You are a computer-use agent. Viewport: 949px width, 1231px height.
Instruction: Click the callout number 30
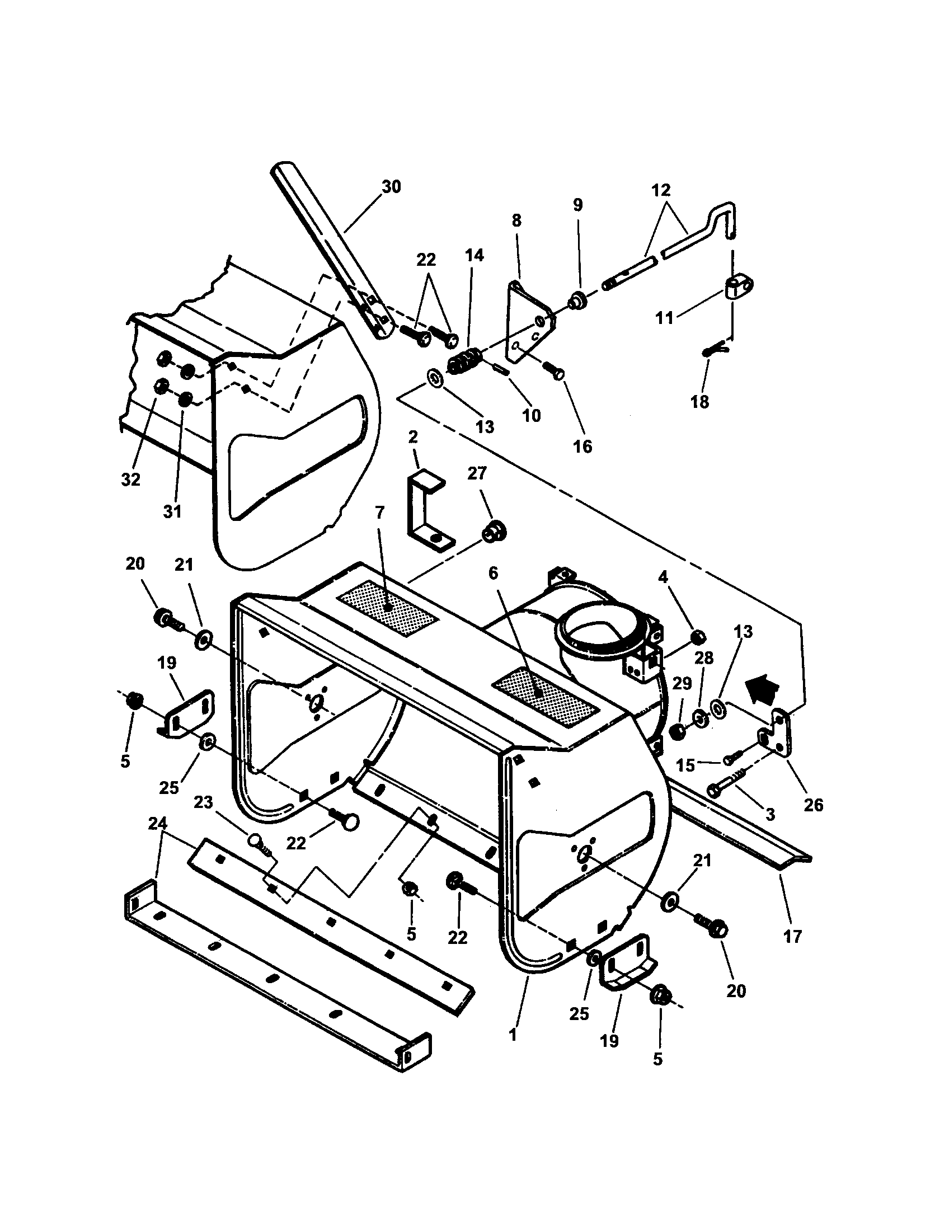[x=391, y=187]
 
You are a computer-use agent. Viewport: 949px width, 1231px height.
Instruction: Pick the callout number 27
[x=477, y=473]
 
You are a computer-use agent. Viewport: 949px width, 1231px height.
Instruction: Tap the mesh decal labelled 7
[x=387, y=608]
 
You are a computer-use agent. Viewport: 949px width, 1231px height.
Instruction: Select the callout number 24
[x=158, y=824]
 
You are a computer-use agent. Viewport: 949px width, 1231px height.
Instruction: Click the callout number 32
[x=131, y=480]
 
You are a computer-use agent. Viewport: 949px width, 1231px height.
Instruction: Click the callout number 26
[x=813, y=805]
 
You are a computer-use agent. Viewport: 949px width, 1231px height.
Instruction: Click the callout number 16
[x=582, y=446]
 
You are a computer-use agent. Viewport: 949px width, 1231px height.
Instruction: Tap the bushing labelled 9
[x=579, y=302]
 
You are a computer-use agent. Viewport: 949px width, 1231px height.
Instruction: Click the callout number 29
[x=682, y=684]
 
